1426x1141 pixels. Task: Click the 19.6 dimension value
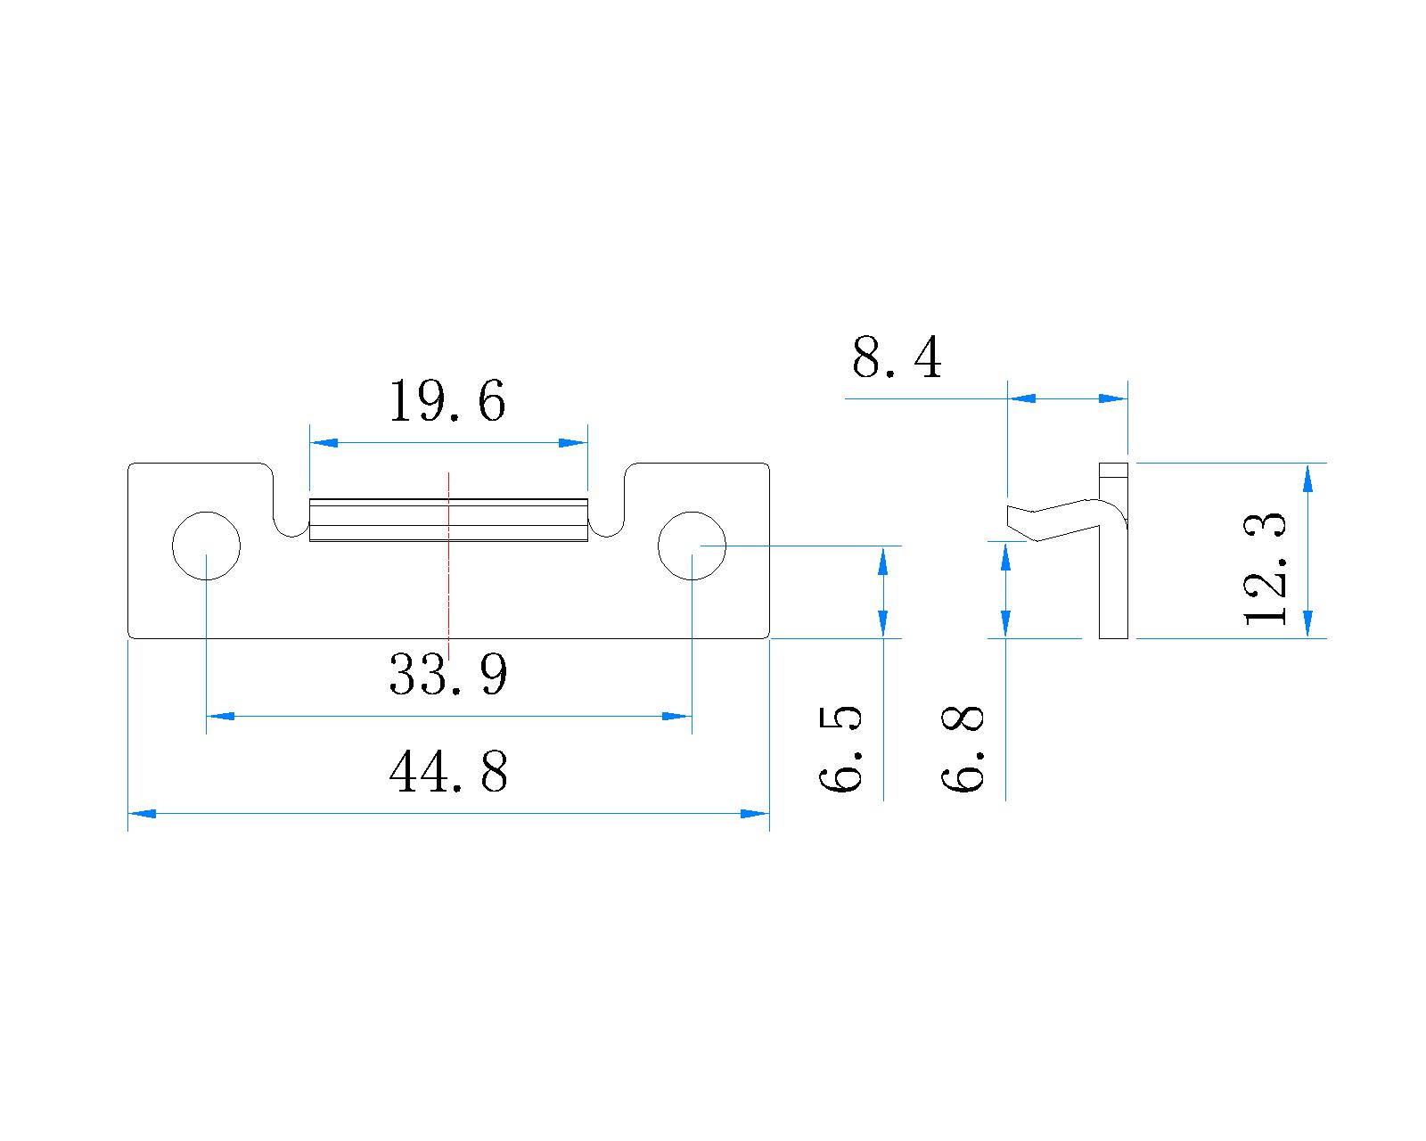click(447, 402)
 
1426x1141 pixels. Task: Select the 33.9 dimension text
click(448, 675)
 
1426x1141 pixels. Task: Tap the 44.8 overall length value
click(448, 772)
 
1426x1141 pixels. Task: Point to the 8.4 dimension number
click(896, 359)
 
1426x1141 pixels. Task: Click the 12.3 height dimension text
click(1266, 569)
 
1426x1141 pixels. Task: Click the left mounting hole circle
click(206, 546)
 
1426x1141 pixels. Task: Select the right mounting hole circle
click(692, 546)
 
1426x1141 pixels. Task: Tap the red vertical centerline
click(449, 588)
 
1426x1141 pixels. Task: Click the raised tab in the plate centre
click(448, 521)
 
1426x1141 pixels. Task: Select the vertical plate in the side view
click(1113, 588)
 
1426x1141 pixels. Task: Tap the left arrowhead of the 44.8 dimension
click(143, 813)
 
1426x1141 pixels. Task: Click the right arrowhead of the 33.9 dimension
click(677, 716)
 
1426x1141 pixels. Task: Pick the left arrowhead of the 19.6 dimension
click(324, 442)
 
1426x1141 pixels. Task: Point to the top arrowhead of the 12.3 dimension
click(1307, 478)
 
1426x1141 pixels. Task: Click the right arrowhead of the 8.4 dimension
click(1114, 398)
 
